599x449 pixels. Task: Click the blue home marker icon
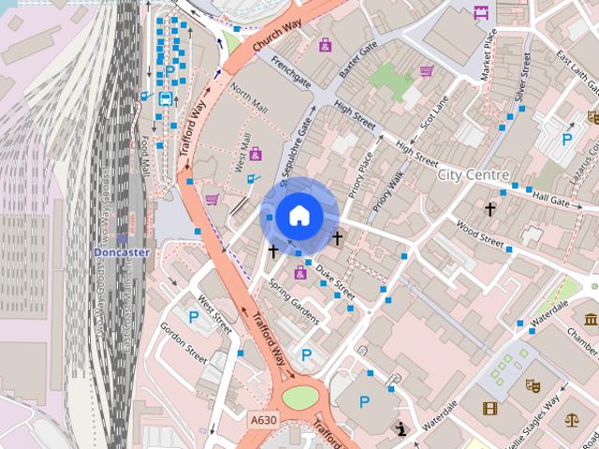point(299,215)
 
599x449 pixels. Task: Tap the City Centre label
point(474,175)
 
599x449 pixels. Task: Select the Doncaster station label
point(121,253)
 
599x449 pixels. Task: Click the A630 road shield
point(263,422)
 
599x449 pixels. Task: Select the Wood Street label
point(479,230)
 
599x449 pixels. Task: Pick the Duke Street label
point(334,276)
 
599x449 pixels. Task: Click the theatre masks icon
point(533,384)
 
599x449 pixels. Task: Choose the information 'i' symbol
point(402,429)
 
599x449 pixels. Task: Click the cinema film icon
point(490,408)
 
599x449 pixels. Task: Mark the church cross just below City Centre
point(489,208)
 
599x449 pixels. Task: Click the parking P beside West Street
point(194,317)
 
